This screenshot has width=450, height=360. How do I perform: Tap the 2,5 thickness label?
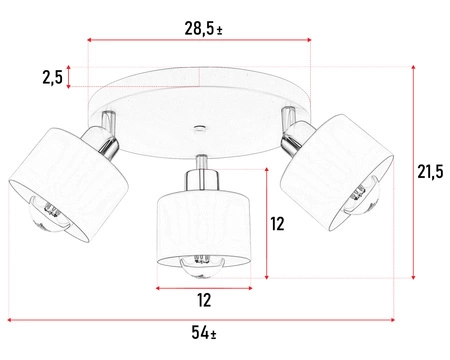pyautogui.click(x=52, y=77)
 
